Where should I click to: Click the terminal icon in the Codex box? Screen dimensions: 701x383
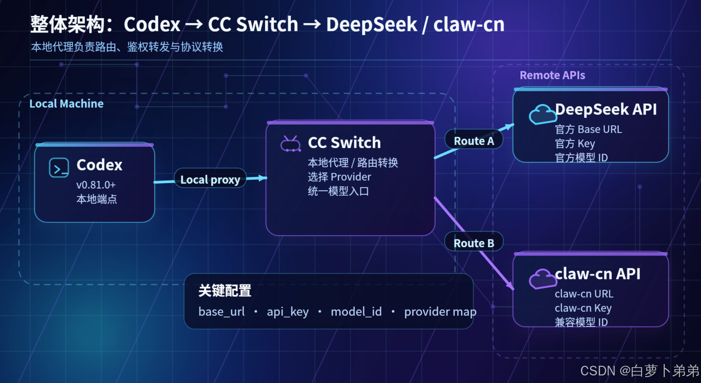(59, 168)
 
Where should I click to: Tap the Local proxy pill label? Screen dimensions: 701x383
(210, 179)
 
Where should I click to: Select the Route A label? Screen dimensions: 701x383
(474, 141)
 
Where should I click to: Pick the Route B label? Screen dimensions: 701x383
(474, 243)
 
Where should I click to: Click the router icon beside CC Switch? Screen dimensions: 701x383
(291, 144)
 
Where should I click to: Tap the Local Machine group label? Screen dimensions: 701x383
(67, 104)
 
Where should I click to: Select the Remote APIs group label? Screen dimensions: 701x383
(552, 75)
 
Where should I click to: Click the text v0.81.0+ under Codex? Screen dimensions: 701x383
(96, 185)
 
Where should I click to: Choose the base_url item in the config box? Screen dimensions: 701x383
(222, 312)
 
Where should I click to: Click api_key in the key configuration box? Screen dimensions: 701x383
(288, 312)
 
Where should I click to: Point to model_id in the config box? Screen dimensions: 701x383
(356, 312)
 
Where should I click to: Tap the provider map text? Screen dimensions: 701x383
(440, 312)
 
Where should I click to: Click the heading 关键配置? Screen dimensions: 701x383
(225, 291)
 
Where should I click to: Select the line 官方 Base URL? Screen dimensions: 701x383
(589, 129)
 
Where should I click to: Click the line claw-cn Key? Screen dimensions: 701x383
(583, 308)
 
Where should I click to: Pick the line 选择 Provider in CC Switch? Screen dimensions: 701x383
(339, 177)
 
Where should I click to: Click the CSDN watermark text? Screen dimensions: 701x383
(640, 371)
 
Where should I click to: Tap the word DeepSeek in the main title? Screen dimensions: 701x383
(372, 24)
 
